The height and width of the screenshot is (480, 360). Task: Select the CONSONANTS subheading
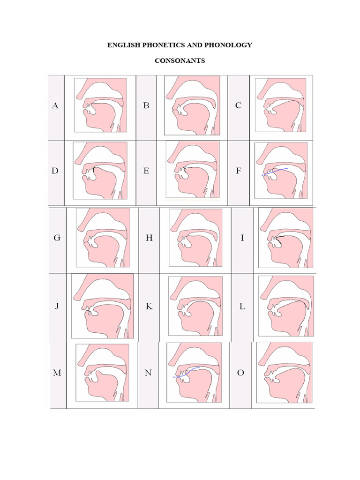(x=180, y=61)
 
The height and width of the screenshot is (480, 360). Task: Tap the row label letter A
(x=55, y=106)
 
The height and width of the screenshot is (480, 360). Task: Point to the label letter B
(x=146, y=106)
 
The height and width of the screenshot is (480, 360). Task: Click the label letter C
(x=239, y=106)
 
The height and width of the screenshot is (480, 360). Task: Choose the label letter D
(x=55, y=171)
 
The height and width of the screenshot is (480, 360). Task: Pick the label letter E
(x=146, y=171)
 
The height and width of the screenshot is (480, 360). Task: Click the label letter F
(x=239, y=171)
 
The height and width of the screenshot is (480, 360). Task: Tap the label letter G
(x=57, y=238)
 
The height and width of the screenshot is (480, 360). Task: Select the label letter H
(x=149, y=238)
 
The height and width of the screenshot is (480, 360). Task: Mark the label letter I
(x=242, y=238)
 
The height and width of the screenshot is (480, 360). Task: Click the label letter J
(x=57, y=307)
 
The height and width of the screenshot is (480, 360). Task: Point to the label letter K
(x=149, y=307)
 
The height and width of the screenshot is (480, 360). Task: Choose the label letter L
(x=242, y=307)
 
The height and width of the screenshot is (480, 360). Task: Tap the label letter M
(x=57, y=373)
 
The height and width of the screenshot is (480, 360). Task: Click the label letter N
(x=149, y=373)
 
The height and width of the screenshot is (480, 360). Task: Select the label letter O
(x=241, y=373)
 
